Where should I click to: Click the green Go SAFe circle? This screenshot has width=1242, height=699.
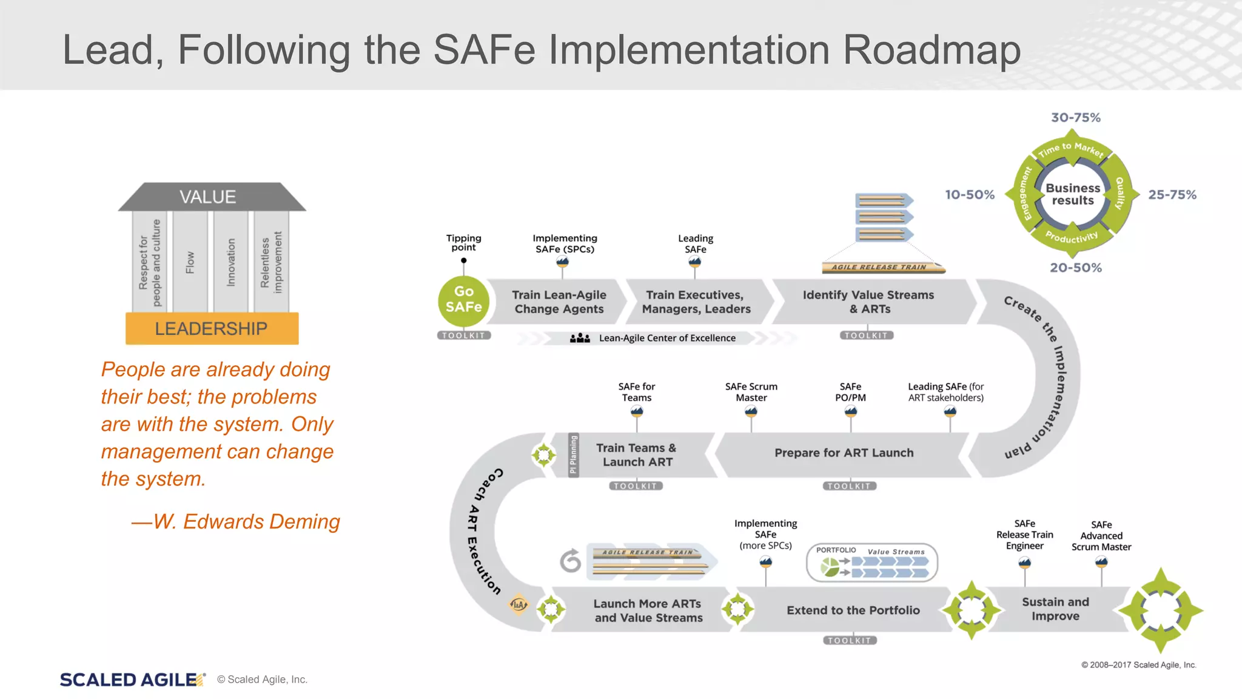tap(463, 300)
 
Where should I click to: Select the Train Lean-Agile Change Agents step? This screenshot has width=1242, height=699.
tap(558, 302)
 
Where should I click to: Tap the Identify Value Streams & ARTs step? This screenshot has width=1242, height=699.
tap(868, 302)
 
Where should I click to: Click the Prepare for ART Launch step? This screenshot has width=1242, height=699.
tap(844, 453)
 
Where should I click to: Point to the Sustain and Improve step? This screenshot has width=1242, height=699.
tap(1055, 609)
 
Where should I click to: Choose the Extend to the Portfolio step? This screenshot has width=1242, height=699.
tap(853, 610)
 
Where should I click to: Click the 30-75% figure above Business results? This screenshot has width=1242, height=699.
tap(1075, 118)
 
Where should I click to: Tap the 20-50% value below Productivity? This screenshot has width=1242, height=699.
tap(1075, 268)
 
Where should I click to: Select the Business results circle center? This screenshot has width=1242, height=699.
tap(1072, 194)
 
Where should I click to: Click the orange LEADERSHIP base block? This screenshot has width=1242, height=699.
tap(212, 328)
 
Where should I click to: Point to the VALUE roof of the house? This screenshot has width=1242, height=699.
tap(208, 197)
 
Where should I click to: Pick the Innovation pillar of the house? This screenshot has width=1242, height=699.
tap(230, 262)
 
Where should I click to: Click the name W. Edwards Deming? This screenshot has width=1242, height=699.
tap(246, 522)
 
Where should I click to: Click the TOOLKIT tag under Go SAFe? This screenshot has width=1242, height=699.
tap(463, 336)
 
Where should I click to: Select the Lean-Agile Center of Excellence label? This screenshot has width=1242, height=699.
tap(666, 338)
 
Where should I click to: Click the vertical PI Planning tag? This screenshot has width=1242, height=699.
tap(573, 454)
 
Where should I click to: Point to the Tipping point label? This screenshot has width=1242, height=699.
tap(463, 243)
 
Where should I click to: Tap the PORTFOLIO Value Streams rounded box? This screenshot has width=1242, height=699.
tap(871, 562)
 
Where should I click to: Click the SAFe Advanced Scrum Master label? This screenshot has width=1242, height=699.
tap(1101, 536)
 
